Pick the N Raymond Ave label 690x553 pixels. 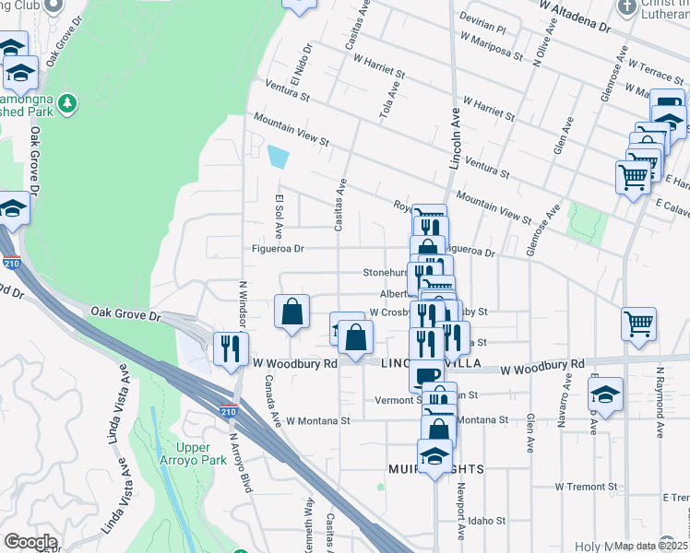click(x=660, y=403)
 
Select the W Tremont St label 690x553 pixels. click(x=585, y=486)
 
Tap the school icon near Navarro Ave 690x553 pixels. click(x=605, y=394)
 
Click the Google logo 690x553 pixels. click(x=30, y=542)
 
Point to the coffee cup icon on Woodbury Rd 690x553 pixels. click(x=426, y=375)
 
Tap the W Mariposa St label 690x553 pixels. click(x=491, y=49)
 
